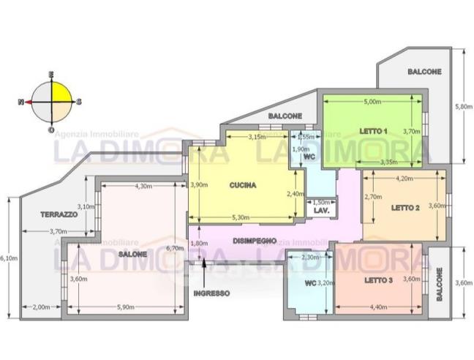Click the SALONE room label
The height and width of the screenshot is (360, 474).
click(132, 253)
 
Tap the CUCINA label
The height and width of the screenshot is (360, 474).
click(243, 185)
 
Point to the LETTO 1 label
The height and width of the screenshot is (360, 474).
click(373, 131)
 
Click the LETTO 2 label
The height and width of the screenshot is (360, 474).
click(405, 207)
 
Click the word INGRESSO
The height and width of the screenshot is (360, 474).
click(211, 293)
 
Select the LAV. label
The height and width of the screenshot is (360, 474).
click(321, 211)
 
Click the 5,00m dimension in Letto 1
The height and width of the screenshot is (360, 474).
click(372, 102)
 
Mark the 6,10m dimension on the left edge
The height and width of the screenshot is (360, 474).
click(9, 258)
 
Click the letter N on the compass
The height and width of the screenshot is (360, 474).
click(21, 102)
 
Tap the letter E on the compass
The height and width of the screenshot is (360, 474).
click(51, 75)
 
